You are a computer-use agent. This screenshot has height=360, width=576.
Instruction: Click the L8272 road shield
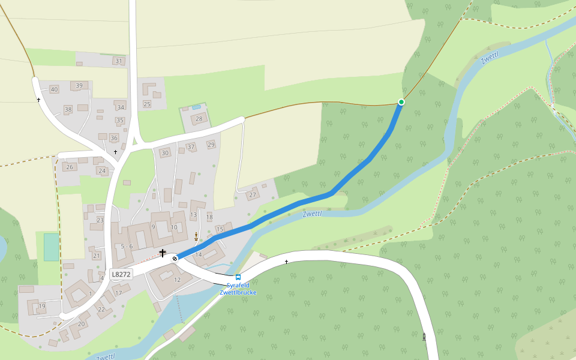(121, 274)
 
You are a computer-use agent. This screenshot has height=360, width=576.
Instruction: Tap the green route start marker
(401, 102)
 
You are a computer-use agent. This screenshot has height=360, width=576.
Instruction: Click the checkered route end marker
(175, 258)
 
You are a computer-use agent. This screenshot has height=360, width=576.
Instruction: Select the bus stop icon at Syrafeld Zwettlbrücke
(238, 277)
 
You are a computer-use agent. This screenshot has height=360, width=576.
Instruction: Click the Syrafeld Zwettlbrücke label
(238, 289)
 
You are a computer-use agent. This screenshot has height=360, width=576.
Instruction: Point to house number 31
(118, 61)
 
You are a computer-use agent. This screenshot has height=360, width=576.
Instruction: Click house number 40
(54, 89)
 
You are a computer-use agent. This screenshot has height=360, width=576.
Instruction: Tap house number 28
(199, 119)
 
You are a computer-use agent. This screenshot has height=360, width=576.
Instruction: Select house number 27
(253, 195)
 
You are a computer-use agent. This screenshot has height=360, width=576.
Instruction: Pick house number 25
(147, 104)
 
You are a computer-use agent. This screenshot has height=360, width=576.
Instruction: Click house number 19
(42, 306)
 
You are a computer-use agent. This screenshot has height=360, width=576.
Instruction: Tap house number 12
(177, 280)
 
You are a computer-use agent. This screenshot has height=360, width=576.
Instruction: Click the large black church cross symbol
(162, 253)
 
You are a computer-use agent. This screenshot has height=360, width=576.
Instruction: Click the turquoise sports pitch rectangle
(52, 247)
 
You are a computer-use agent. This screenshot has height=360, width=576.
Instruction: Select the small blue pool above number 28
(197, 107)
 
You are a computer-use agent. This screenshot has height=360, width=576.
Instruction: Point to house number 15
(220, 229)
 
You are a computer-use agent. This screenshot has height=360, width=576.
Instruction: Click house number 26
(70, 167)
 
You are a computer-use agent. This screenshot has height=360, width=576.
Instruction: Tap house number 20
(81, 324)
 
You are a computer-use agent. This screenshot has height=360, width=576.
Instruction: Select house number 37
(191, 146)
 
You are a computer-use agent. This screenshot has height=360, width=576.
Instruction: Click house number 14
(199, 255)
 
